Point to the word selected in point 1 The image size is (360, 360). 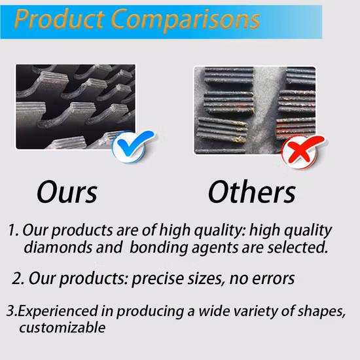(295, 248)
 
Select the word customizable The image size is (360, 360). (62, 327)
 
